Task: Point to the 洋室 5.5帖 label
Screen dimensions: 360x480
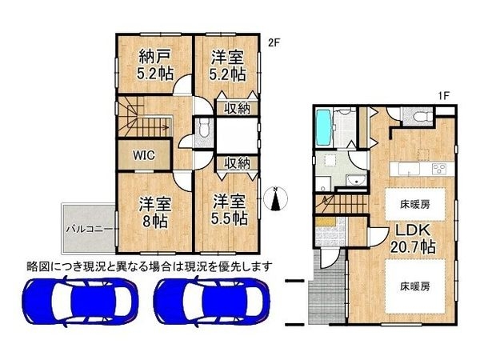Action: coord(228,212)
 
